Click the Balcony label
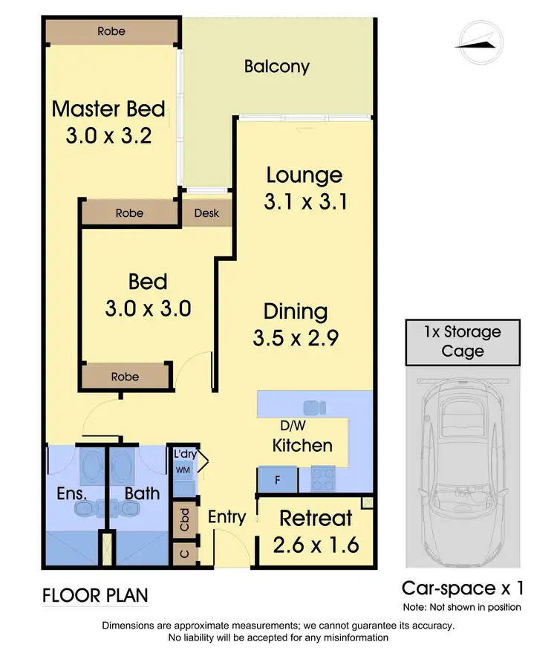click(276, 67)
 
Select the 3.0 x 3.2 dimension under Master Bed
click(108, 137)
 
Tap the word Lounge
click(304, 175)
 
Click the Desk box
click(206, 213)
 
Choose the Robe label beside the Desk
click(129, 213)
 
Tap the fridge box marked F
click(277, 480)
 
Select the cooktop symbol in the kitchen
click(324, 479)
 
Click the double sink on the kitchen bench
click(315, 406)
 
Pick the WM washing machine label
click(182, 470)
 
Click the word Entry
click(227, 516)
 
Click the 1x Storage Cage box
click(462, 341)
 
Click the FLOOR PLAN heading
click(94, 595)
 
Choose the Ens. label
click(74, 492)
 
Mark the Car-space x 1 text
click(463, 588)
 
